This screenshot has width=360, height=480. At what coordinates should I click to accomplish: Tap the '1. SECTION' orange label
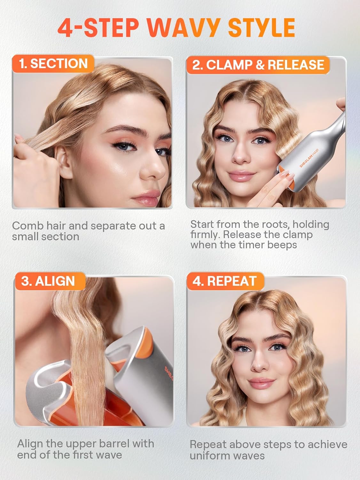tap(53, 64)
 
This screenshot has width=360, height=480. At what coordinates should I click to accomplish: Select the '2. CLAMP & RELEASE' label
tap(258, 65)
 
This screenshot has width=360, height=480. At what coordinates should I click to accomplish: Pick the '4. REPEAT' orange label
tap(224, 281)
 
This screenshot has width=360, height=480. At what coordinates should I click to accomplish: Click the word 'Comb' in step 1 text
tap(27, 226)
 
